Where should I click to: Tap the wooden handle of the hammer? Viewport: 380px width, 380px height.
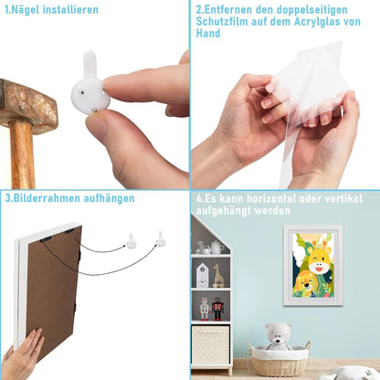(x=22, y=155)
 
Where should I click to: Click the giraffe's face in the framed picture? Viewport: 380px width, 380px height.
(x=319, y=259)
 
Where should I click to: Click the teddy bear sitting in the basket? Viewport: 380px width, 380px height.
(x=278, y=336)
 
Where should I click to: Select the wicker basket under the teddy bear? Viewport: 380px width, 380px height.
(x=279, y=360)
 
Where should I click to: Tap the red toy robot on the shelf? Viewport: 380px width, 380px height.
(x=217, y=309)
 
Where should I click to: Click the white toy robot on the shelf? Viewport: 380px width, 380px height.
(x=205, y=309)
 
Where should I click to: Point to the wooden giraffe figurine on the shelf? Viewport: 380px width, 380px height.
(x=218, y=276)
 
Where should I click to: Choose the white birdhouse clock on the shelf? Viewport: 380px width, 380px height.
(x=202, y=276)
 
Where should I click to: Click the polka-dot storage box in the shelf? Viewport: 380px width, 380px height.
(x=210, y=344)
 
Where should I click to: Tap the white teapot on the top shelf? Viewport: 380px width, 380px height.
(x=216, y=247)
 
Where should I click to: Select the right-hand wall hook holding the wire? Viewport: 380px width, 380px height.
(x=161, y=239)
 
